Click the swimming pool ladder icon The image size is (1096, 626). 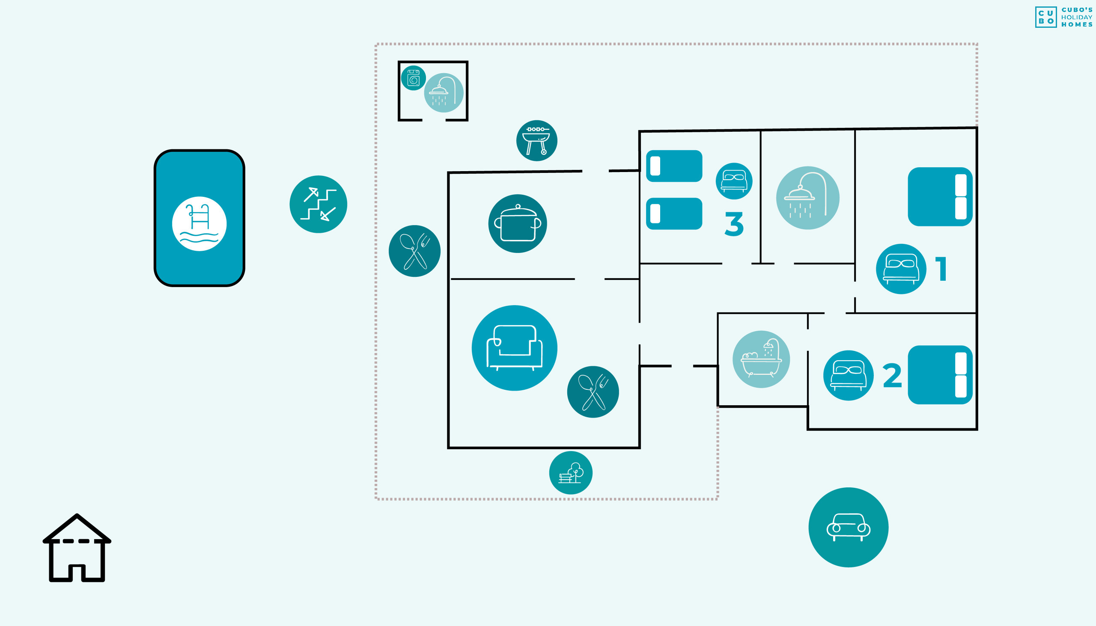tap(199, 223)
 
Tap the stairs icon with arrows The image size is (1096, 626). tap(318, 204)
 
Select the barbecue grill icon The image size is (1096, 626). tap(537, 141)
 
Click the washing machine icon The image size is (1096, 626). tap(414, 78)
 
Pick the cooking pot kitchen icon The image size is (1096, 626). tap(518, 223)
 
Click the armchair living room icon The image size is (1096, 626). tap(515, 348)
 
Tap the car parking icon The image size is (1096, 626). tap(848, 527)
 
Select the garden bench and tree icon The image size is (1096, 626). tap(571, 472)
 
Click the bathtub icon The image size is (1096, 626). tap(761, 359)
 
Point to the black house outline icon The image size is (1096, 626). tap(77, 547)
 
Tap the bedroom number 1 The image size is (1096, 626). tap(941, 269)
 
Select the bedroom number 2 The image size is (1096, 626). tap(892, 375)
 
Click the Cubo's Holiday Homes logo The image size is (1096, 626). tap(1064, 17)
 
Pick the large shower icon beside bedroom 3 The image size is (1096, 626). tap(807, 198)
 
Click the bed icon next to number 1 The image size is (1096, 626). tap(901, 269)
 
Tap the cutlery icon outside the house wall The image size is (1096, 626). tap(414, 251)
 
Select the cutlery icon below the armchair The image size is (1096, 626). tap(593, 392)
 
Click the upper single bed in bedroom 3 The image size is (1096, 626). tap(674, 166)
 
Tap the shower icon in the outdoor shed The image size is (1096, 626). tap(444, 92)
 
